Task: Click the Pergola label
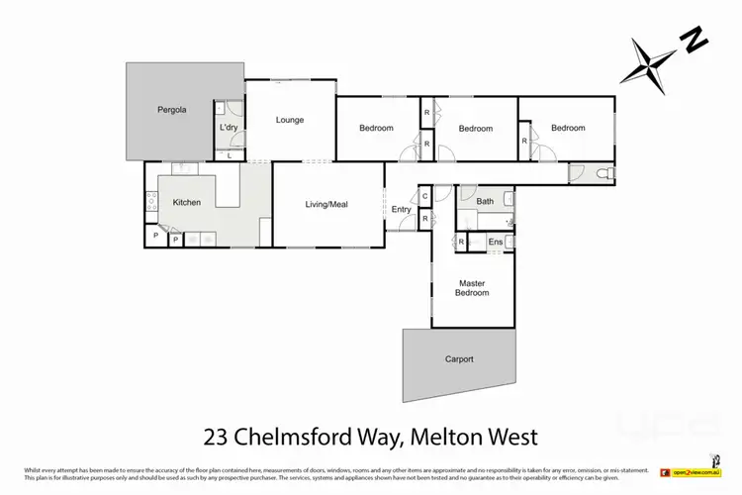pos(172,110)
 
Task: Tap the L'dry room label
pos(229,129)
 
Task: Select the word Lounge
pos(290,121)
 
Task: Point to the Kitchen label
pos(187,202)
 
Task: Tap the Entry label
pos(401,209)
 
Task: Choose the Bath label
pos(485,202)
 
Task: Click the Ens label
pos(496,242)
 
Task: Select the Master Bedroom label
pos(472,287)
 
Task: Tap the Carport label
pos(458,359)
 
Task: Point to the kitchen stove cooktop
pos(151,203)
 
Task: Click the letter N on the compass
pos(695,42)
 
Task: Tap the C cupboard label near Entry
pos(424,196)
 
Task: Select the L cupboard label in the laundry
pos(230,154)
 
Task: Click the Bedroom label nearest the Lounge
pos(376,128)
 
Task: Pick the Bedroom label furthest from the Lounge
pos(568,128)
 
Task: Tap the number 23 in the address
pos(220,436)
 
